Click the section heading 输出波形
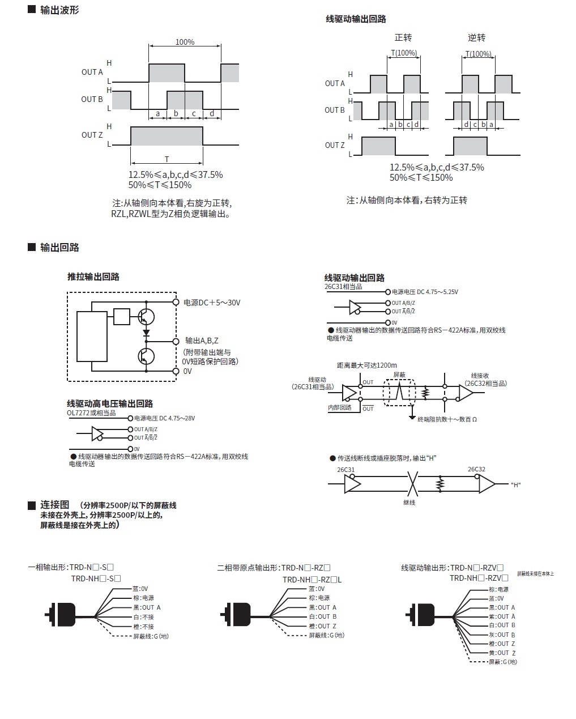pyautogui.click(x=59, y=10)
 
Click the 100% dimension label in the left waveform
pyautogui.click(x=185, y=42)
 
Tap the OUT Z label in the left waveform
pyautogui.click(x=92, y=135)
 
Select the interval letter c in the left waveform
pyautogui.click(x=194, y=114)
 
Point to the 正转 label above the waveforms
pyautogui.click(x=403, y=37)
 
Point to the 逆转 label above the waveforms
pyautogui.click(x=477, y=37)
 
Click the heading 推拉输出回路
pyautogui.click(x=93, y=276)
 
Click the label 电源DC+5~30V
pyautogui.click(x=212, y=303)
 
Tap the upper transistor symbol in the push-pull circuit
pyautogui.click(x=147, y=316)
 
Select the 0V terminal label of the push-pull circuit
pyautogui.click(x=187, y=371)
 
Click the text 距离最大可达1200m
pyautogui.click(x=367, y=365)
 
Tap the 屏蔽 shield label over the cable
pyautogui.click(x=399, y=375)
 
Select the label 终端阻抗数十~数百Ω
pyautogui.click(x=447, y=419)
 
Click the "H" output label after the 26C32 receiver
pyautogui.click(x=515, y=484)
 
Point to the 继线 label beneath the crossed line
pyautogui.click(x=409, y=502)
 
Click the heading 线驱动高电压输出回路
pyautogui.click(x=110, y=403)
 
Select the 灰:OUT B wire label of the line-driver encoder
pyautogui.click(x=502, y=635)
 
